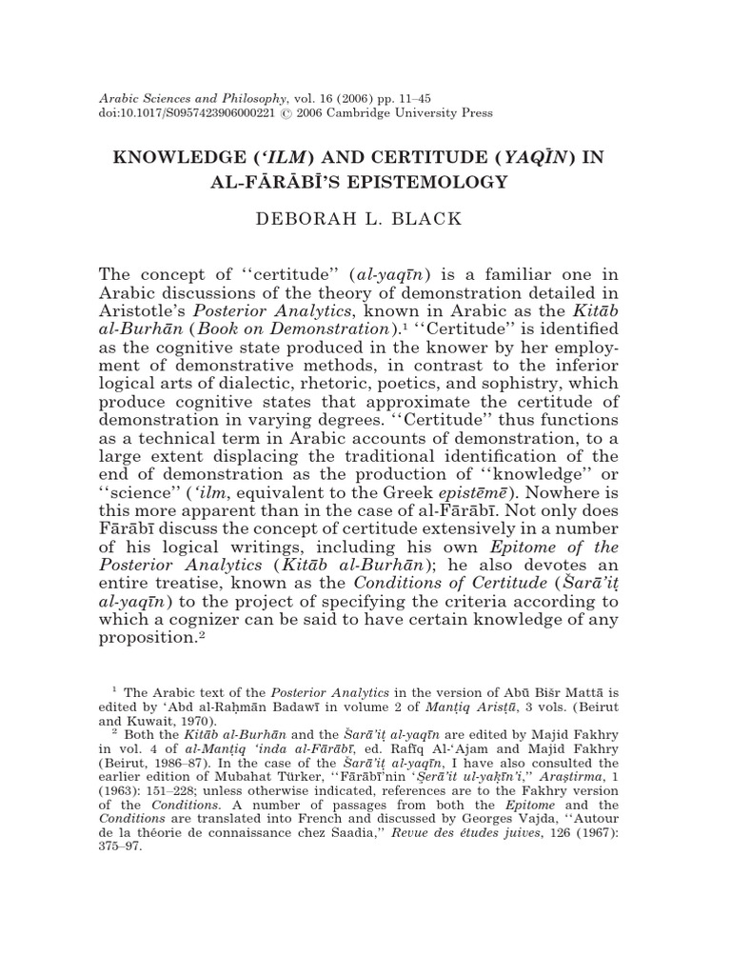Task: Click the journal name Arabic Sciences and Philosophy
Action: [x=194, y=98]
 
